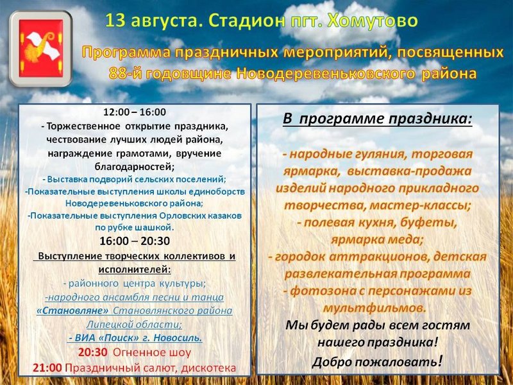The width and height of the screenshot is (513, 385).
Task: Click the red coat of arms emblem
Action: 41,48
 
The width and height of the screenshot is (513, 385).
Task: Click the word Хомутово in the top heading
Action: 373,21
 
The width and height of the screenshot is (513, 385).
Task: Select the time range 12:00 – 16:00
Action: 135,112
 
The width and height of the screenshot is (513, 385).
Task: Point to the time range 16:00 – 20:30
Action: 135,241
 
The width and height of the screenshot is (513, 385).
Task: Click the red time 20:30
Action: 93,352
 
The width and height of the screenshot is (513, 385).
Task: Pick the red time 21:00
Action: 47,368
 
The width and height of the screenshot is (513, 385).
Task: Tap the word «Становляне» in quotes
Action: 72,311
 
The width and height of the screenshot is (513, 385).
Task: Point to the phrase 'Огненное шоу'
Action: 152,352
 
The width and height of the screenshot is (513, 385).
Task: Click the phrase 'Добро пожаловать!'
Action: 377,362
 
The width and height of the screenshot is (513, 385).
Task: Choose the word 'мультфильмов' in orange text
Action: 374,308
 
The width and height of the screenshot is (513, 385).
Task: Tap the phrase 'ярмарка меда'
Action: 376,240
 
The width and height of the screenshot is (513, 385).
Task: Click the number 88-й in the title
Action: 125,74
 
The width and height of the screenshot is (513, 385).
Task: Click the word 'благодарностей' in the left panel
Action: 135,167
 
